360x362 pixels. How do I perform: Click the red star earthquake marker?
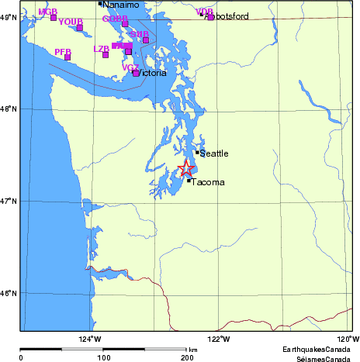186,168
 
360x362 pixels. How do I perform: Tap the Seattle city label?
214,153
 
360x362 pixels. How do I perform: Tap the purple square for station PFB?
67,57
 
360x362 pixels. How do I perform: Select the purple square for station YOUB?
80,28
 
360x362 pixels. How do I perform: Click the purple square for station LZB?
106,54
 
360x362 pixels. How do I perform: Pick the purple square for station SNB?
145,40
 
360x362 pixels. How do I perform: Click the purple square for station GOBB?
125,24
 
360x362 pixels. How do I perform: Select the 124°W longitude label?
90,338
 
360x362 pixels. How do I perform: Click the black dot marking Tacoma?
189,181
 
